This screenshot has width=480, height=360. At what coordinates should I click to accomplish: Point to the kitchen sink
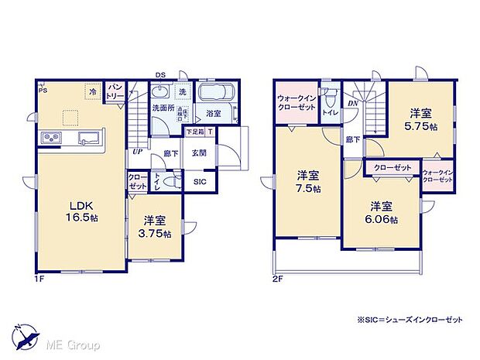[87, 139]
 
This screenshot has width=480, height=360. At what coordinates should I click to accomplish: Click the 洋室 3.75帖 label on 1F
[155, 228]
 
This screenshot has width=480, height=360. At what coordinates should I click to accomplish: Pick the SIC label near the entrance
[201, 181]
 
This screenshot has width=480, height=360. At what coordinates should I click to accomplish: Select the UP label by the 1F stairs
[137, 152]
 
